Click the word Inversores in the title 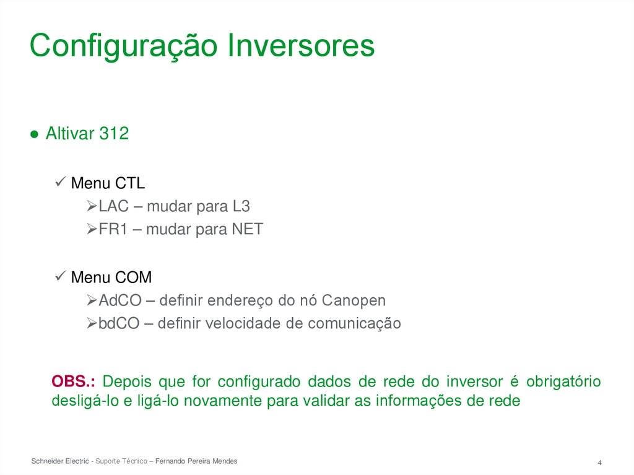(x=302, y=46)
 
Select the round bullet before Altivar (x=35, y=134)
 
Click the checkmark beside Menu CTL (x=61, y=183)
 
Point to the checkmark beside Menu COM (x=61, y=277)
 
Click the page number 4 (x=600, y=463)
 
